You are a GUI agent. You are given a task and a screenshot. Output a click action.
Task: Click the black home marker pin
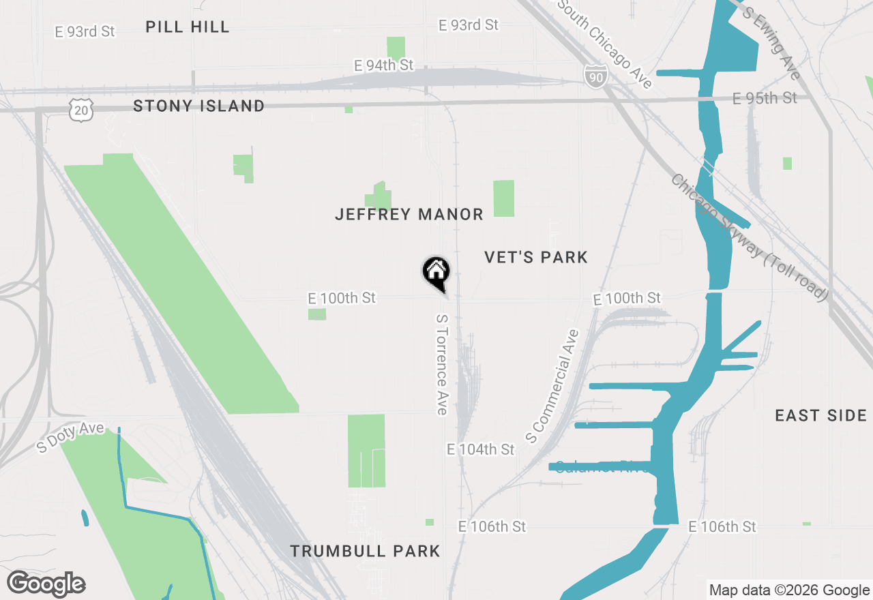[436, 273]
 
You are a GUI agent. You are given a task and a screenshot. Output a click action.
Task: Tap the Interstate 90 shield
[595, 77]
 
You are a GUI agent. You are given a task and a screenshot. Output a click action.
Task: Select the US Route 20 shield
[80, 109]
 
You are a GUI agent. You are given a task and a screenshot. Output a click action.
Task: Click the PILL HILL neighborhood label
[188, 27]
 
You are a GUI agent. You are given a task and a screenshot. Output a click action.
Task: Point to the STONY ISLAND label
[199, 106]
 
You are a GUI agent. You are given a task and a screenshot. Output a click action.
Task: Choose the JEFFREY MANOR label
[409, 215]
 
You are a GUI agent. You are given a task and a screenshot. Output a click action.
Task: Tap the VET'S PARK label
[536, 257]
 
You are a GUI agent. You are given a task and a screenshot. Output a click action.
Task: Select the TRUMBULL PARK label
[366, 551]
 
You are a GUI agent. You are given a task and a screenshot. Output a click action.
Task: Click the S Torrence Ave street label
[441, 364]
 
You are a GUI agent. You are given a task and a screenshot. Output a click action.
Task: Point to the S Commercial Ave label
[553, 385]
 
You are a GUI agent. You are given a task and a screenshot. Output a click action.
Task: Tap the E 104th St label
[481, 450]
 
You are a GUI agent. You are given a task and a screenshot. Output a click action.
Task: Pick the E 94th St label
[384, 65]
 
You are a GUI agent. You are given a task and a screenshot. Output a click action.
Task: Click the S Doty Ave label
[71, 437]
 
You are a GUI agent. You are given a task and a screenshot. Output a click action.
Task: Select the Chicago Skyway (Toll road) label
[749, 237]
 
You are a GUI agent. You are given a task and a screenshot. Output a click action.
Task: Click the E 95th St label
[765, 98]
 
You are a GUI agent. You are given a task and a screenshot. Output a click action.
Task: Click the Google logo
[46, 584]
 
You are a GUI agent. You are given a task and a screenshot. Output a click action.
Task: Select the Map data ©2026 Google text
[789, 590]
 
